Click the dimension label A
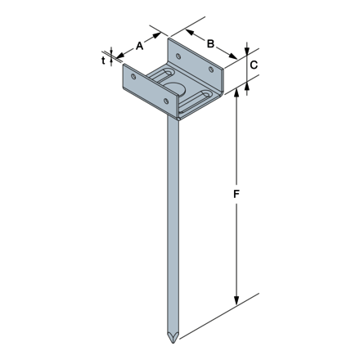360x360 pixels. point(139,46)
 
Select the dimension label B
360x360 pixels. point(210,43)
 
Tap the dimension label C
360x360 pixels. point(254,65)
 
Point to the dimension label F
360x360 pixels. point(236,194)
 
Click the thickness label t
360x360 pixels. point(103,61)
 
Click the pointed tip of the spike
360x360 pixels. point(173,343)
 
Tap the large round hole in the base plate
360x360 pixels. point(175,88)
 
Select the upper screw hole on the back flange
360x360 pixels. point(178,56)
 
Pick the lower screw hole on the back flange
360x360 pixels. point(211,70)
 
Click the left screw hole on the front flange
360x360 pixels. point(133,76)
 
